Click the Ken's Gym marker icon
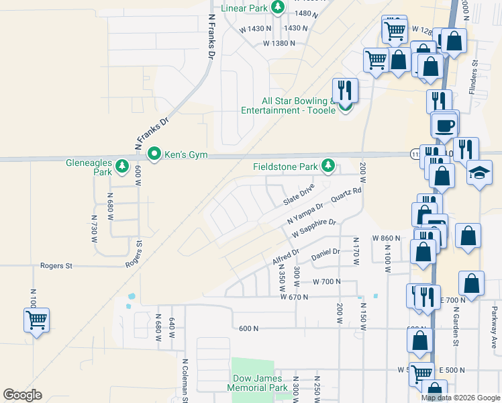(154, 154)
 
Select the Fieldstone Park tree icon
(328, 165)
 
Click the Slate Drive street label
(299, 197)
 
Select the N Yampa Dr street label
(305, 212)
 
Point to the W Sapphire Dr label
(313, 228)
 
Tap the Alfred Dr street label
(286, 257)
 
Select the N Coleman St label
(185, 380)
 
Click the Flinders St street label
(473, 77)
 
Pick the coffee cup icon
(444, 124)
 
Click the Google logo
(22, 395)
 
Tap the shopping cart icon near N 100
(36, 319)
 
